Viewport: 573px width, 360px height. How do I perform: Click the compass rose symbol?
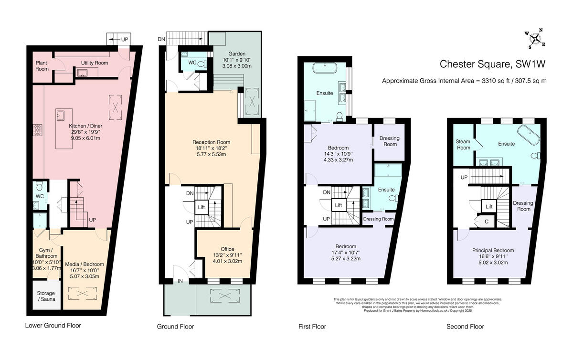(x=535, y=39)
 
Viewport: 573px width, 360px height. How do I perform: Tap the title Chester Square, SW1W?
(x=492, y=64)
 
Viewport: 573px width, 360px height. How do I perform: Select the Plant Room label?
(x=42, y=66)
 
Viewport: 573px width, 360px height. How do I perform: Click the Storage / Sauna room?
(x=46, y=296)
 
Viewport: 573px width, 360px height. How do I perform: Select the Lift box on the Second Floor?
(x=489, y=207)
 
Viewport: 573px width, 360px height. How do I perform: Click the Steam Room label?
(x=463, y=145)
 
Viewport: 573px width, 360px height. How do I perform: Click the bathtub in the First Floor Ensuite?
(x=325, y=68)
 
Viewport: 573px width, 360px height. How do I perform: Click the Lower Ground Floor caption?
(x=53, y=326)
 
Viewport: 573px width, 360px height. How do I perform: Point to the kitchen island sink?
(x=61, y=115)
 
